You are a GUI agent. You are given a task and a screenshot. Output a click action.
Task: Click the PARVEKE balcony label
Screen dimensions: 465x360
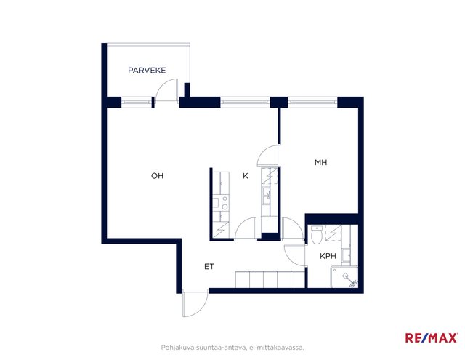[147, 71]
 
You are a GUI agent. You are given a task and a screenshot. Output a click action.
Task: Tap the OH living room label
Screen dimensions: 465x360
[157, 176]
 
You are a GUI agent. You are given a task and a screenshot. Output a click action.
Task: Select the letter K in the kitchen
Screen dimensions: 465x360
[246, 176]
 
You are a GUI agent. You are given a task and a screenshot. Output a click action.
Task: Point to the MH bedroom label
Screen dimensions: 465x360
[321, 162]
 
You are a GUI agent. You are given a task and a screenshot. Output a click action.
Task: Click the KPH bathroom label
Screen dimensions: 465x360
[328, 256]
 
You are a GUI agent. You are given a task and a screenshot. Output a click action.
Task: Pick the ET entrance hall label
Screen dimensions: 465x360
[209, 266]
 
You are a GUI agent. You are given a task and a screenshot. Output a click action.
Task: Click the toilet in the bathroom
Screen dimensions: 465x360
[317, 235]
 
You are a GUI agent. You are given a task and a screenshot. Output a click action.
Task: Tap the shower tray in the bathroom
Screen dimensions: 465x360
[344, 276]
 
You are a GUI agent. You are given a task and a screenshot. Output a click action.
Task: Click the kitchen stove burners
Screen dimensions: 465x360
[225, 203]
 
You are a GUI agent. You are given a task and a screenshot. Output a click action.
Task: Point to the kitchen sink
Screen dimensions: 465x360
[266, 196]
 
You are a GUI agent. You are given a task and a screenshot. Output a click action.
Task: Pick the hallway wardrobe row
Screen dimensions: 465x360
[270, 279]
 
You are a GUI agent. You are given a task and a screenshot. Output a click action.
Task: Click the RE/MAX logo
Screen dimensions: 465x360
[431, 337]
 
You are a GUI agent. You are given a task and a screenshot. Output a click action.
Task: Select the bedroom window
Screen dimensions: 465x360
[312, 102]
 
